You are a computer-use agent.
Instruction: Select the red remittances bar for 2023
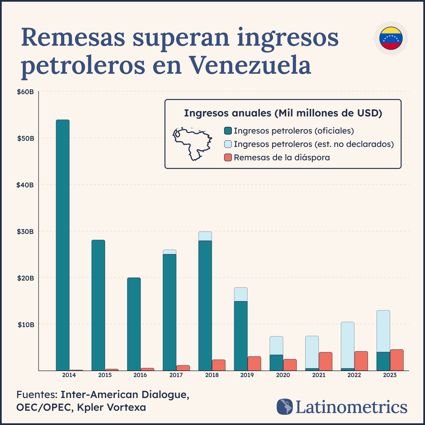click(397, 360)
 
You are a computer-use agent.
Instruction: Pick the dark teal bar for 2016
click(134, 324)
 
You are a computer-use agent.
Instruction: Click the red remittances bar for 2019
click(254, 364)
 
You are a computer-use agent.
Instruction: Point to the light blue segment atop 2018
click(205, 236)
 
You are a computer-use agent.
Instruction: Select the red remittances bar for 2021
click(325, 362)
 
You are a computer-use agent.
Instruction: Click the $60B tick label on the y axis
click(25, 92)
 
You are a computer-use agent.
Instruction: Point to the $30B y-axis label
click(25, 232)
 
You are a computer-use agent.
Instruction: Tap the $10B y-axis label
click(25, 325)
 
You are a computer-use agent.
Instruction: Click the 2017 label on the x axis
click(176, 375)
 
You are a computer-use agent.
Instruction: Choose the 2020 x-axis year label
click(283, 375)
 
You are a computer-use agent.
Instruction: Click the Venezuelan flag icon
click(391, 38)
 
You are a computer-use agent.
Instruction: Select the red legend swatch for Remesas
click(228, 158)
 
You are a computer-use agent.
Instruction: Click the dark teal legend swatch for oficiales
click(228, 131)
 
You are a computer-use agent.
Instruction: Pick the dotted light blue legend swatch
click(228, 144)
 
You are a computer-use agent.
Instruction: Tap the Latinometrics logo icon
click(285, 407)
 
